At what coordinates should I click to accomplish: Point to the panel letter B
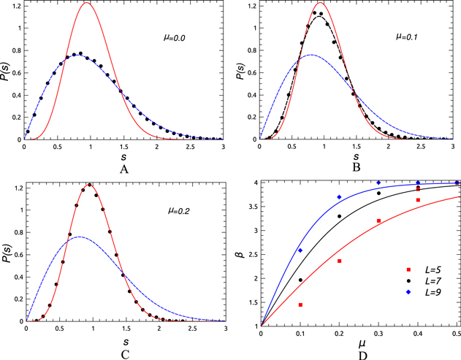[x=356, y=166]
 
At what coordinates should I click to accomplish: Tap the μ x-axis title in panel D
[x=359, y=342]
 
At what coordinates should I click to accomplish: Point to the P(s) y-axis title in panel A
[x=8, y=72]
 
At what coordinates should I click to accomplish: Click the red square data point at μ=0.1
[x=300, y=305]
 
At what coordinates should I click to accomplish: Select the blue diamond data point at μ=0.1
[x=300, y=250]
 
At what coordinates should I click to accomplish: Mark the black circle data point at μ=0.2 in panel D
[x=340, y=216]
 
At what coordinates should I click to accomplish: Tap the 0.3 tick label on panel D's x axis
[x=378, y=334]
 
